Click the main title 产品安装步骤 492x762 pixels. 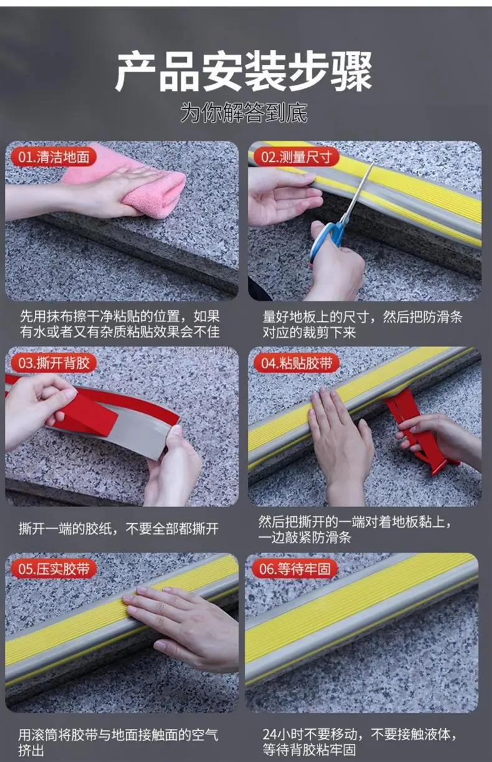244,71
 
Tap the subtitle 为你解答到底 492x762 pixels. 244,112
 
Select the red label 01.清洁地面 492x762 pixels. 54,157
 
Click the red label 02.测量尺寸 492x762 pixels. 296,157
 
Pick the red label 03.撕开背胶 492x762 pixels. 54,363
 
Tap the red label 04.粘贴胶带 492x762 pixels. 296,363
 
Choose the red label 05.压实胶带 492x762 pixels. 54,569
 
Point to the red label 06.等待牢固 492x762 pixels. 295,569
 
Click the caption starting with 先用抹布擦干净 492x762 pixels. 120,324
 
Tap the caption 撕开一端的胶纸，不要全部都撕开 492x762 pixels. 119,528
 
